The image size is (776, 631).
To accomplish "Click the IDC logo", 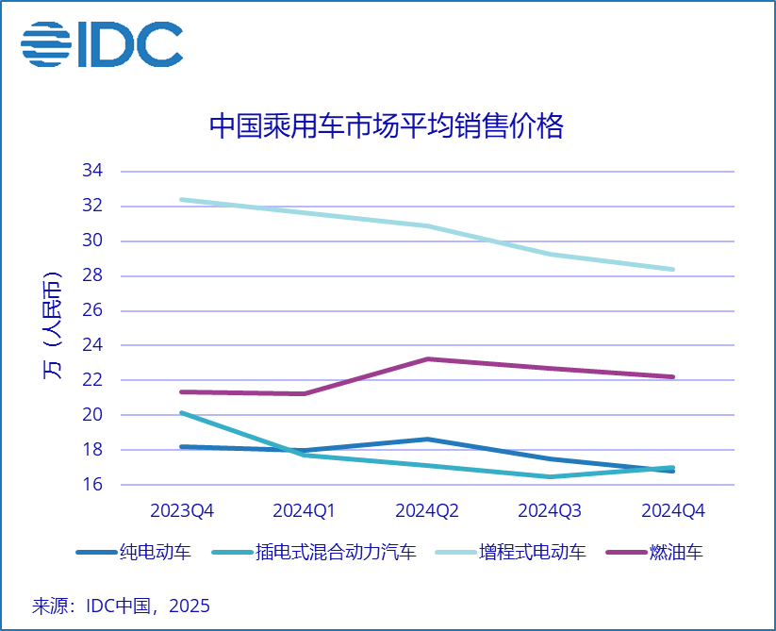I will click(x=102, y=44).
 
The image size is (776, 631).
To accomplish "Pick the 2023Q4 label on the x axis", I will click(x=182, y=510).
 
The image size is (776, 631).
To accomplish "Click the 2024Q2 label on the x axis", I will click(x=427, y=510).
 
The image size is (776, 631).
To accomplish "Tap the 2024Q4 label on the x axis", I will click(x=673, y=510).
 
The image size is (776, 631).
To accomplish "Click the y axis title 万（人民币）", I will click(x=52, y=328).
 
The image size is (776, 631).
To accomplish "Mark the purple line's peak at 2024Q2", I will click(x=427, y=359).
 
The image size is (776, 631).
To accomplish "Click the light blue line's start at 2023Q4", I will click(x=182, y=200).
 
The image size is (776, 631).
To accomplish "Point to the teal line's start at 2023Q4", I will click(x=182, y=413).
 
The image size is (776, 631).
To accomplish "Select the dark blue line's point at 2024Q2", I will click(x=427, y=440).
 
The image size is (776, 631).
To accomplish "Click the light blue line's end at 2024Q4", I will click(x=673, y=270).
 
